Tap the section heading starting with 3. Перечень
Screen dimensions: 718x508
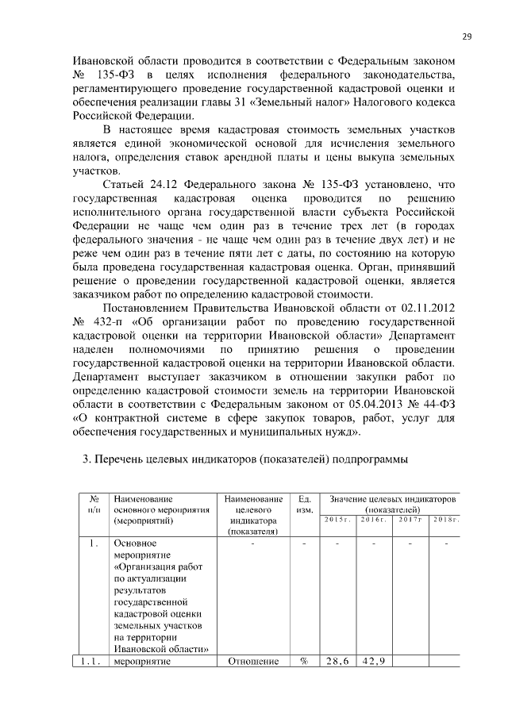tap(252, 459)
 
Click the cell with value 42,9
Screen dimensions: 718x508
tap(373, 663)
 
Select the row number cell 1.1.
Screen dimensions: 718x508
tap(92, 663)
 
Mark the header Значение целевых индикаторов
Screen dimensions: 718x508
tap(392, 500)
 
